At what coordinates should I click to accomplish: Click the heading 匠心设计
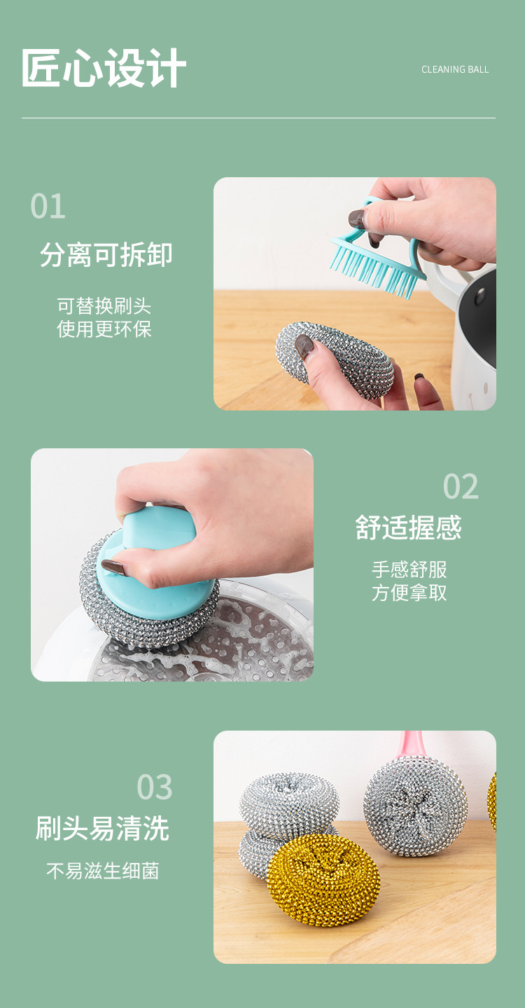[104, 68]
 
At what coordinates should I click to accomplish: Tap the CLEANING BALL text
[455, 70]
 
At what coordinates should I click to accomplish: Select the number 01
[48, 207]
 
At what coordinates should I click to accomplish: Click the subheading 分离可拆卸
[106, 255]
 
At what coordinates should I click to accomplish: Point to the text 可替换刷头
[104, 306]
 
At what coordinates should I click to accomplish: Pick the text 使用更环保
[104, 329]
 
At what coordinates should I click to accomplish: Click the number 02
[461, 486]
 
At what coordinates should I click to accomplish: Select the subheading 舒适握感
[409, 528]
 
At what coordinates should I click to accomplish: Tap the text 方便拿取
[409, 593]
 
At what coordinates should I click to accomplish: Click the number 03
[154, 787]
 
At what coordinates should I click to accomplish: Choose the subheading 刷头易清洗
[103, 828]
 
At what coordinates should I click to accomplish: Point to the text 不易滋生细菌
[103, 871]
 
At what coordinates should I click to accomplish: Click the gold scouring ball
[323, 880]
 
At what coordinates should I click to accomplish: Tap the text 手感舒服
[409, 570]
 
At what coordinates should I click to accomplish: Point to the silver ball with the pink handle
[415, 806]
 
